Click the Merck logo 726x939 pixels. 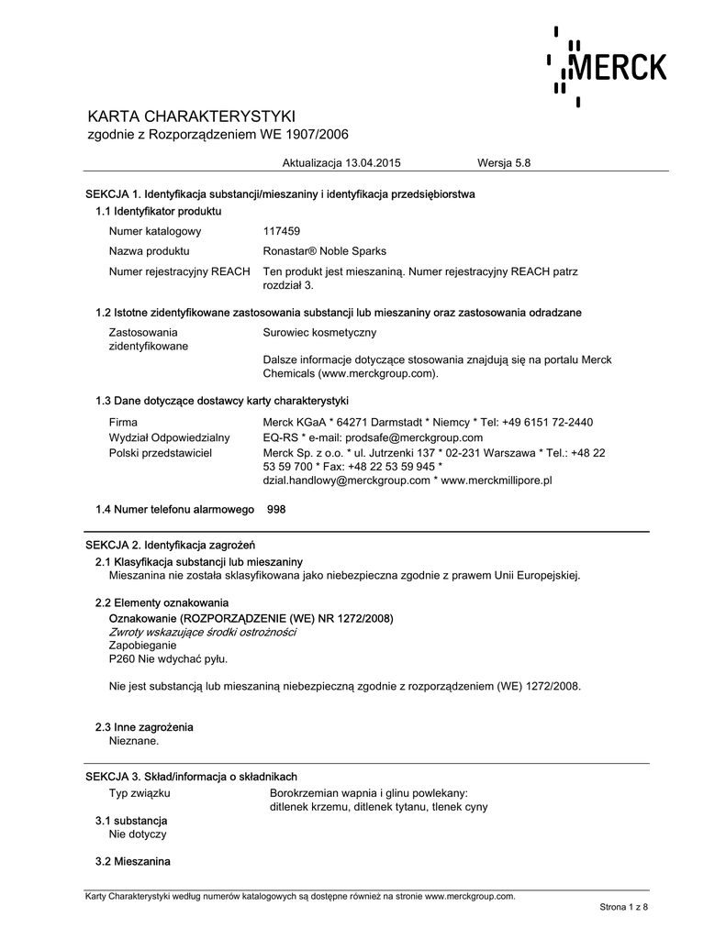(608, 66)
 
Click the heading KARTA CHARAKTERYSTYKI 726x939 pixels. (190, 116)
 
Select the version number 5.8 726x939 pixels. (523, 162)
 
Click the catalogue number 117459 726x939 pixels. (282, 231)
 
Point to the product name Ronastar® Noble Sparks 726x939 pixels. (324, 251)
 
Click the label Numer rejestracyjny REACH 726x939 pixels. (179, 272)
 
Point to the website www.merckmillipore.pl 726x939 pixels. (497, 480)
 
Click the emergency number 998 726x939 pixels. (276, 508)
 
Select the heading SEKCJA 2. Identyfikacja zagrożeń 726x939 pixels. (170, 545)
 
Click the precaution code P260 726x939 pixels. (122, 658)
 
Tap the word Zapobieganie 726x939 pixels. (143, 645)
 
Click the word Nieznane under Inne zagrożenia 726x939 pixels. (134, 740)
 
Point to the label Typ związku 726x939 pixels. (140, 791)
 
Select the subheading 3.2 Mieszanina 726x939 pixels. (133, 861)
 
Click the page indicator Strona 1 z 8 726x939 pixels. (624, 907)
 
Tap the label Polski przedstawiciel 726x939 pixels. (161, 453)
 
